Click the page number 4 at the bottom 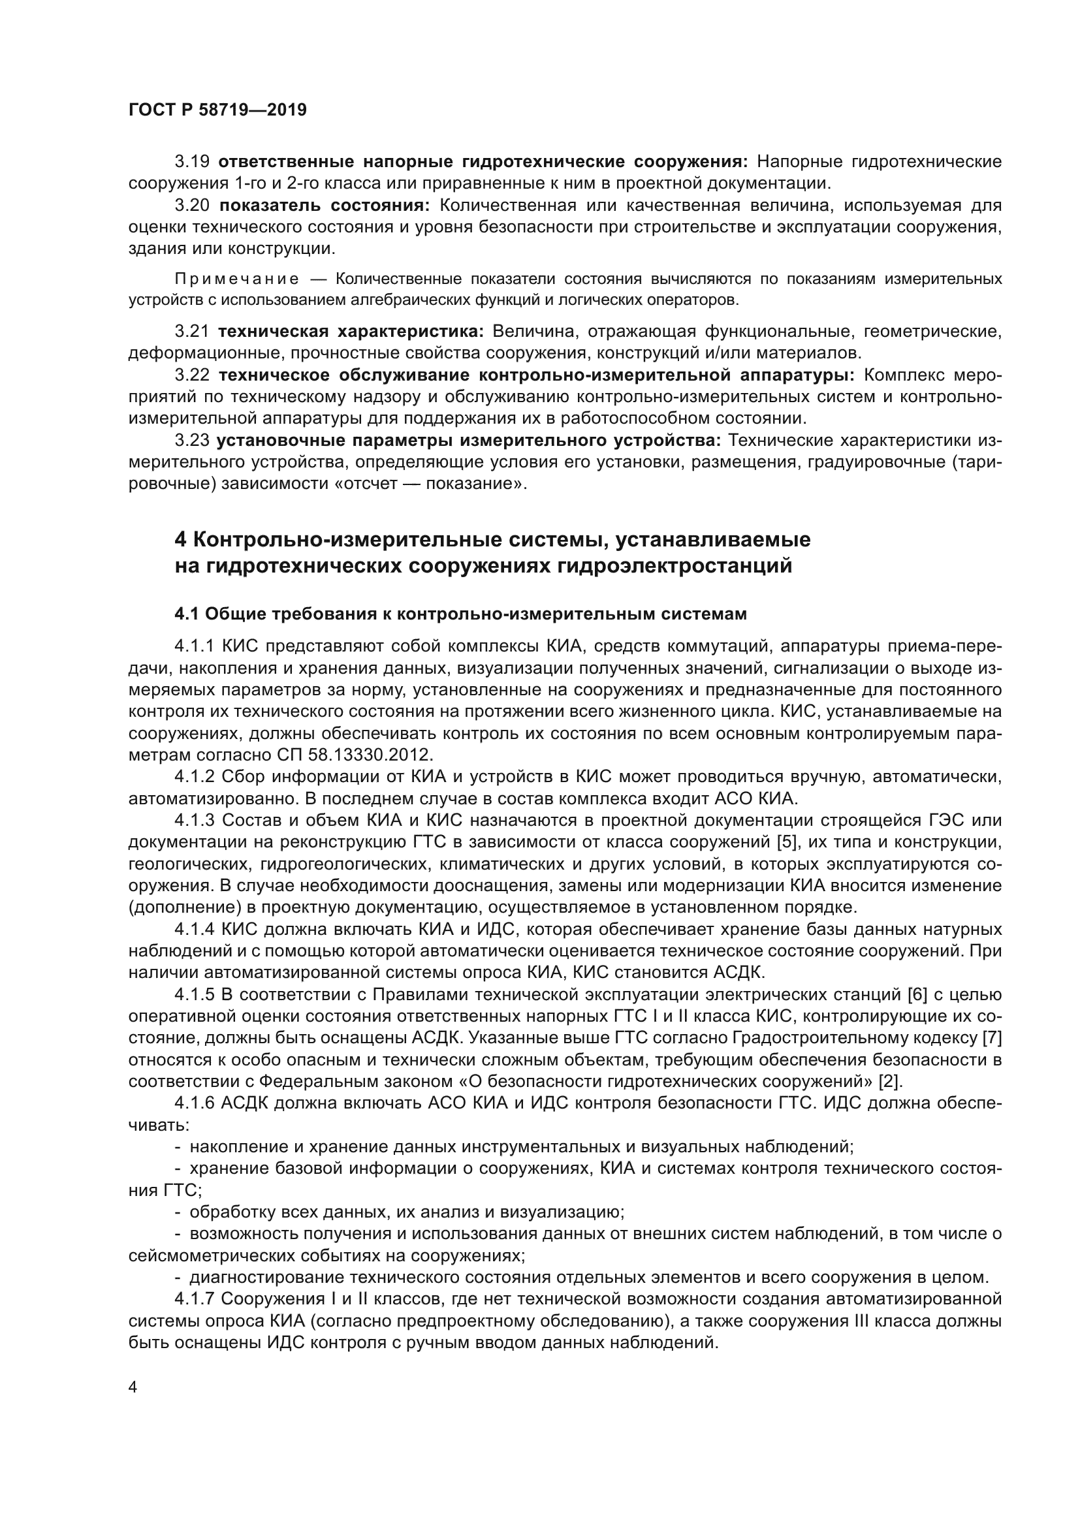click(x=133, y=1387)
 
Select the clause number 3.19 click(x=192, y=162)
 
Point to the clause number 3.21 click(x=192, y=331)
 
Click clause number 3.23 click(x=192, y=440)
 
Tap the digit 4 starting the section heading click(x=180, y=539)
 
